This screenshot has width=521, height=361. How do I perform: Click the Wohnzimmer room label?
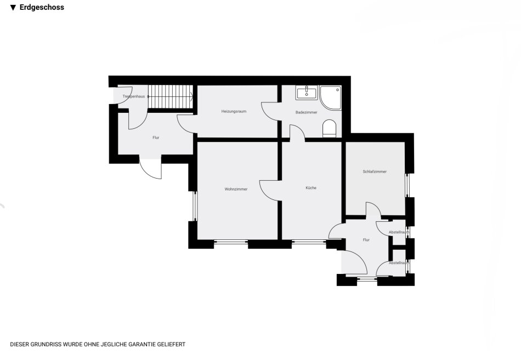coord(236,189)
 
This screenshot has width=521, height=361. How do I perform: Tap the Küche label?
coord(311,188)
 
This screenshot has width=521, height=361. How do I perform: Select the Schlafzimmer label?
coord(375,171)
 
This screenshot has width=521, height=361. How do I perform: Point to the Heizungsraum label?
coord(234,112)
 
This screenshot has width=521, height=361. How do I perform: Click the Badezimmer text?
coord(307,112)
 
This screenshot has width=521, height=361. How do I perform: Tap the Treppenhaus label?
coord(134,96)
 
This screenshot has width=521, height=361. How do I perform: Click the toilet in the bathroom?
coord(330,128)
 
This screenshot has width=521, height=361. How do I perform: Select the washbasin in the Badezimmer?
coord(307,93)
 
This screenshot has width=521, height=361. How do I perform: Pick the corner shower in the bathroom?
coord(331,98)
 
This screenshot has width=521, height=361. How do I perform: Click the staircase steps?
coord(171,96)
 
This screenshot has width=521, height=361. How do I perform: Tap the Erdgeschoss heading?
coord(42,7)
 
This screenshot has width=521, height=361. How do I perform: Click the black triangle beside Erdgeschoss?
coord(13,8)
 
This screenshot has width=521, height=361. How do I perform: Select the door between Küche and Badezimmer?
coord(297,133)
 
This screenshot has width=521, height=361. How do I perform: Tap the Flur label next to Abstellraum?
coord(366,240)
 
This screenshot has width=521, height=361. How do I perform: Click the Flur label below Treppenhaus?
coord(156,137)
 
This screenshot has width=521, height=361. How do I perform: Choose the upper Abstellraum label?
coord(399,232)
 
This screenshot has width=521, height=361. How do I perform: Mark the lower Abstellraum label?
coord(399,263)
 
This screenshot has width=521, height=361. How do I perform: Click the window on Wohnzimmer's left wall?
coord(195,206)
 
